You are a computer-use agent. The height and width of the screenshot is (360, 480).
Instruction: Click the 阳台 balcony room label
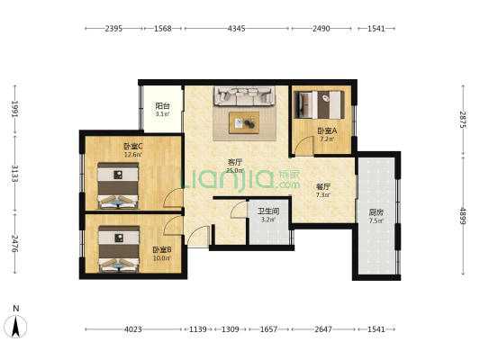pos(162,106)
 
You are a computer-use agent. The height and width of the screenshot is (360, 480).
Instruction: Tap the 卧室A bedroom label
pos(327,130)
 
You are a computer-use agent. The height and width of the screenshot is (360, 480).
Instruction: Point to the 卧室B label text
pos(162,250)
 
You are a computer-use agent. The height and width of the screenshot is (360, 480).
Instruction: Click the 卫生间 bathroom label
pos(268,211)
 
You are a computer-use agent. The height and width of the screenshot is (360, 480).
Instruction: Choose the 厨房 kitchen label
pos(376,212)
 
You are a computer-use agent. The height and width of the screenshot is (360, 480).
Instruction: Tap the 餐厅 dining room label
pos(323,186)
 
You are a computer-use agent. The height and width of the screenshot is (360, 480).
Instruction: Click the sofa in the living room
pos(244,95)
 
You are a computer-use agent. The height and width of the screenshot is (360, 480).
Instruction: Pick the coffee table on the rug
pos(244,122)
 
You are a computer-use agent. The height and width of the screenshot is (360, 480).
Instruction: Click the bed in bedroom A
pos(319,104)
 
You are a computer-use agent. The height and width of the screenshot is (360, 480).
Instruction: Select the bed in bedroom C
pos(118,185)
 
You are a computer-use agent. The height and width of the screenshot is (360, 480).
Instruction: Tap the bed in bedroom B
pos(119,248)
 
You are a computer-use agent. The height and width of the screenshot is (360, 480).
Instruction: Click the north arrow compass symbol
pos(15,326)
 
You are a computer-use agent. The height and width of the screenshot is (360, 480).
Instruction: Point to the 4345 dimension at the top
pos(236,29)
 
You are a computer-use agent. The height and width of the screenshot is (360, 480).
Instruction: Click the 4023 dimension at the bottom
pos(133,329)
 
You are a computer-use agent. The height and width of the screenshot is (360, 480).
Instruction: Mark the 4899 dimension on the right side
pos(463,216)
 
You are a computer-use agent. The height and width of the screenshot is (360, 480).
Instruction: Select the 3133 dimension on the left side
pos(15,174)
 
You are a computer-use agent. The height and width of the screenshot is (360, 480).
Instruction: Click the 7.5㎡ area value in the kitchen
pos(376,220)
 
